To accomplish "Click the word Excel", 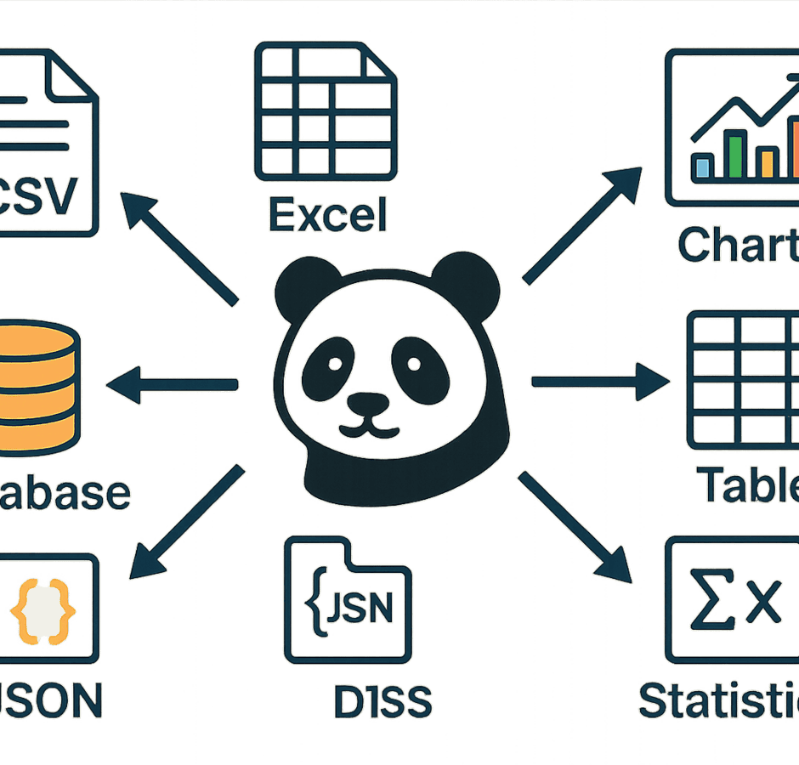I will (328, 214).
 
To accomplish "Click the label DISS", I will (382, 701).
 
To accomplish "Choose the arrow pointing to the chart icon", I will (582, 225).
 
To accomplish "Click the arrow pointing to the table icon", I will (599, 382).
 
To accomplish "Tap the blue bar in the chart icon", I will (702, 167).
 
